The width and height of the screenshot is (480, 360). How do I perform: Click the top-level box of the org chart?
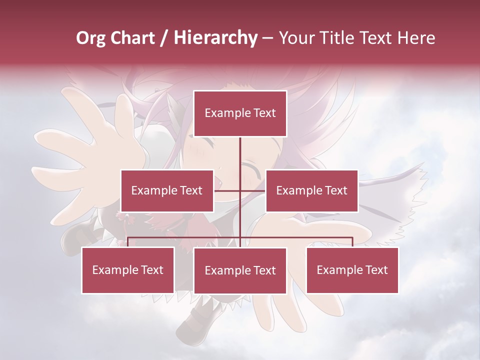[240, 113]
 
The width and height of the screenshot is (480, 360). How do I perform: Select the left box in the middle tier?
[166, 190]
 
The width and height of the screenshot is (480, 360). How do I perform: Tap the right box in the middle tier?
[311, 190]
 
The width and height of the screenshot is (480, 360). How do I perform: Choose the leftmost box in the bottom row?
[128, 270]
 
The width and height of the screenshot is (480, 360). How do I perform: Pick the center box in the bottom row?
[240, 270]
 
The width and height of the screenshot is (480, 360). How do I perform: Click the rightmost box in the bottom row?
[352, 270]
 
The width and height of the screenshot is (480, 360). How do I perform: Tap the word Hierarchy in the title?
[215, 38]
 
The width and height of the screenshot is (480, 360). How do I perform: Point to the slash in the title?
[164, 38]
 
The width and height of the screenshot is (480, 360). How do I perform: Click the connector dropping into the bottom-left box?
[128, 242]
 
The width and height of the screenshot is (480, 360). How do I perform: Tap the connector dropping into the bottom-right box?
[352, 242]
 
